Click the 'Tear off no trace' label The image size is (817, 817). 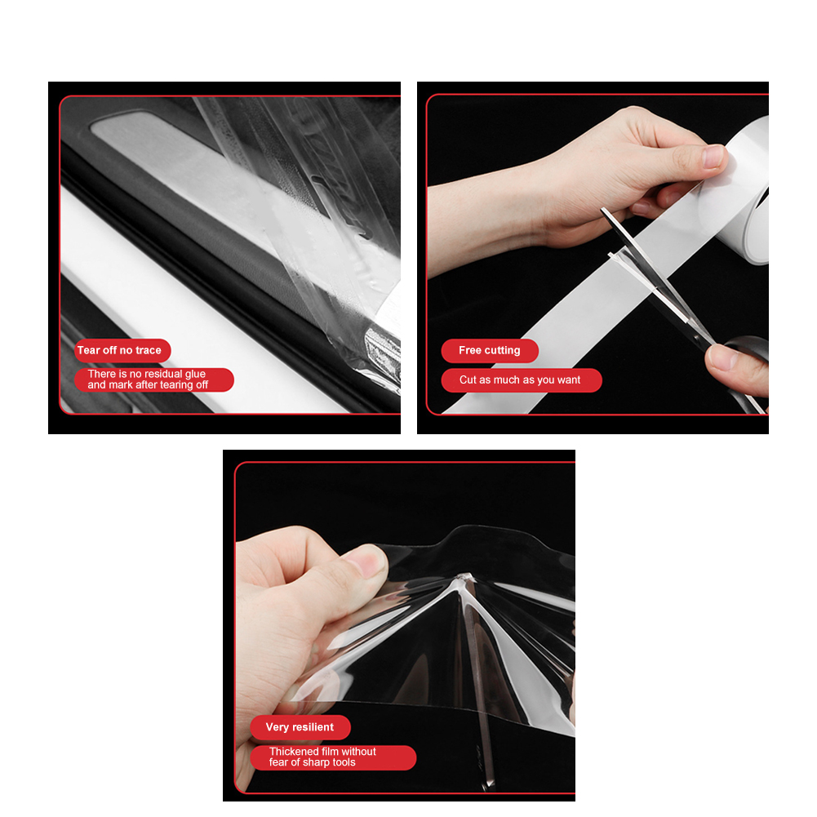119,350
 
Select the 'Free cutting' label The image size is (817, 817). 489,350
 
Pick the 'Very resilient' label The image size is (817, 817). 300,727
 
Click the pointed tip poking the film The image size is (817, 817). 463,576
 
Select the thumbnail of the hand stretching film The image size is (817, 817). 367,560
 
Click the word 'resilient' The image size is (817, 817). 313,727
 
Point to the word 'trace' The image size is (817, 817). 148,350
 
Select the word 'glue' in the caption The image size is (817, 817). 195,374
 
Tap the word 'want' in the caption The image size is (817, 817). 568,380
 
